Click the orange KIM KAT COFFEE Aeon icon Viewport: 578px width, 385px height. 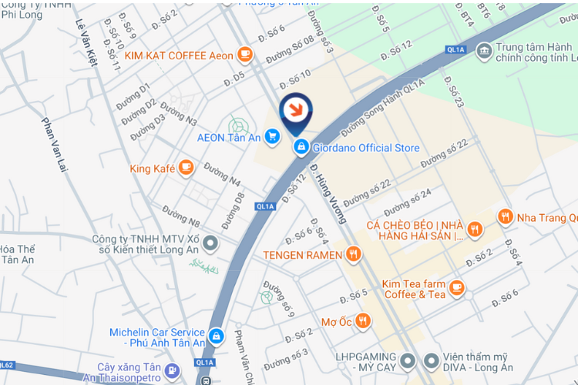(245, 54)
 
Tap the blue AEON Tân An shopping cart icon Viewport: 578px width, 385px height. (271, 137)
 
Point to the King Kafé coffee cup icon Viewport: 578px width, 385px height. (185, 167)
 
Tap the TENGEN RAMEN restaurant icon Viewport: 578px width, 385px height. (354, 253)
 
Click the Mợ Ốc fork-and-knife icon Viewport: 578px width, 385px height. (363, 320)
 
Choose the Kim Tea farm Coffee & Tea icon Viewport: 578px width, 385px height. (457, 287)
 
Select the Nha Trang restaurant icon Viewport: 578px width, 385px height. (506, 217)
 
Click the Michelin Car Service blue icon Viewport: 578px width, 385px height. (217, 336)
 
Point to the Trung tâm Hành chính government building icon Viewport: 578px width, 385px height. (484, 51)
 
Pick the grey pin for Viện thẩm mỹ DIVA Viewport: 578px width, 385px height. (431, 360)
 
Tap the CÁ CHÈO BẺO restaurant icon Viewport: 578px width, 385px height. (475, 228)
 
